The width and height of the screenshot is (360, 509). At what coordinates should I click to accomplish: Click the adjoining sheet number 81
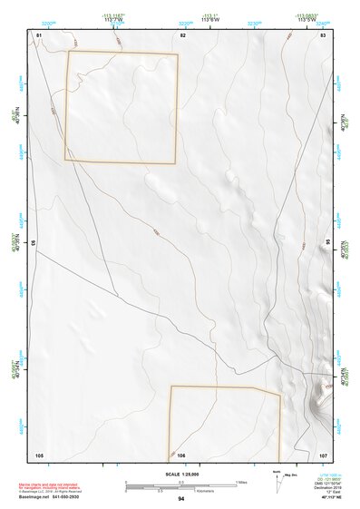pyautogui.click(x=39, y=34)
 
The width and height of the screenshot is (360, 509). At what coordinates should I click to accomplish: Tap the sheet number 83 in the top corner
pyautogui.click(x=323, y=34)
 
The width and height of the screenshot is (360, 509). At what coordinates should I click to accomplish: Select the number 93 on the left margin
pyautogui.click(x=34, y=243)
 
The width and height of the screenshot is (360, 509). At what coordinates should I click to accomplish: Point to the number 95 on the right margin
pyautogui.click(x=328, y=242)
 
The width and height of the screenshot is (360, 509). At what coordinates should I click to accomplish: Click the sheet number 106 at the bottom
pyautogui.click(x=181, y=455)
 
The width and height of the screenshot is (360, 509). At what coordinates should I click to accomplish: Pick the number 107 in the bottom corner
pyautogui.click(x=323, y=455)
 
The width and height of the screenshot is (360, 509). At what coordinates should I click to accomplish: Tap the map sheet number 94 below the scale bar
pyautogui.click(x=181, y=499)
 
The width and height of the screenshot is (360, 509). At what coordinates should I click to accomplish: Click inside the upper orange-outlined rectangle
pyautogui.click(x=121, y=107)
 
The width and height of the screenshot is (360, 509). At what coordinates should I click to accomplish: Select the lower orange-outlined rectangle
pyautogui.click(x=224, y=422)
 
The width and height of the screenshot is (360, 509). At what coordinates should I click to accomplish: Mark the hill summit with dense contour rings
pyautogui.click(x=321, y=396)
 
